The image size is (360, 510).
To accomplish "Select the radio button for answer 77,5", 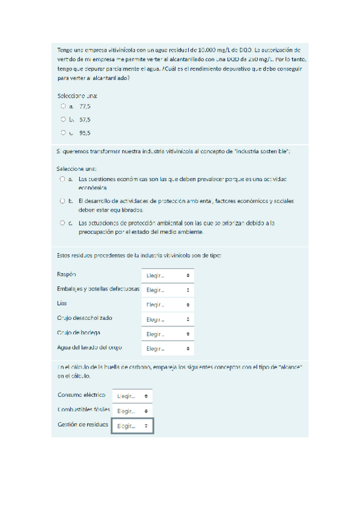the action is (63, 106).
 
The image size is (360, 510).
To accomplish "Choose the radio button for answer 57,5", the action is (63, 119).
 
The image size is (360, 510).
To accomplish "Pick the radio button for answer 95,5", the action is (63, 132).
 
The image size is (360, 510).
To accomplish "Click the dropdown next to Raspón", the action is (168, 275).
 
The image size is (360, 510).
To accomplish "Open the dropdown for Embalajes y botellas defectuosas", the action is (168, 290).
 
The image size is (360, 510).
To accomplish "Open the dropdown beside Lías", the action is (168, 305).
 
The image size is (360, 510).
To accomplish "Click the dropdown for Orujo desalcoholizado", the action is (168, 319).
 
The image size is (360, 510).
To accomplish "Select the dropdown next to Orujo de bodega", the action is (168, 334).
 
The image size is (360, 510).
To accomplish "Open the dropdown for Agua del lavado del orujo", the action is (168, 348).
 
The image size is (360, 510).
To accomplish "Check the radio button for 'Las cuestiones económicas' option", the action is (63, 179).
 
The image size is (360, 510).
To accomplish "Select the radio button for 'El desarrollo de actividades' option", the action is (63, 200).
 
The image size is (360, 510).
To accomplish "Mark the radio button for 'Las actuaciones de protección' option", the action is (63, 222).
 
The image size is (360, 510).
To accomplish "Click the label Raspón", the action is (67, 274).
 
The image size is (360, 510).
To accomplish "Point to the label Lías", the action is (63, 303).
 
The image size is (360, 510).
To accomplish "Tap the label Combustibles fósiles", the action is (84, 410).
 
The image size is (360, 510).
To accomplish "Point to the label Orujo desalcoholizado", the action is (85, 318).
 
